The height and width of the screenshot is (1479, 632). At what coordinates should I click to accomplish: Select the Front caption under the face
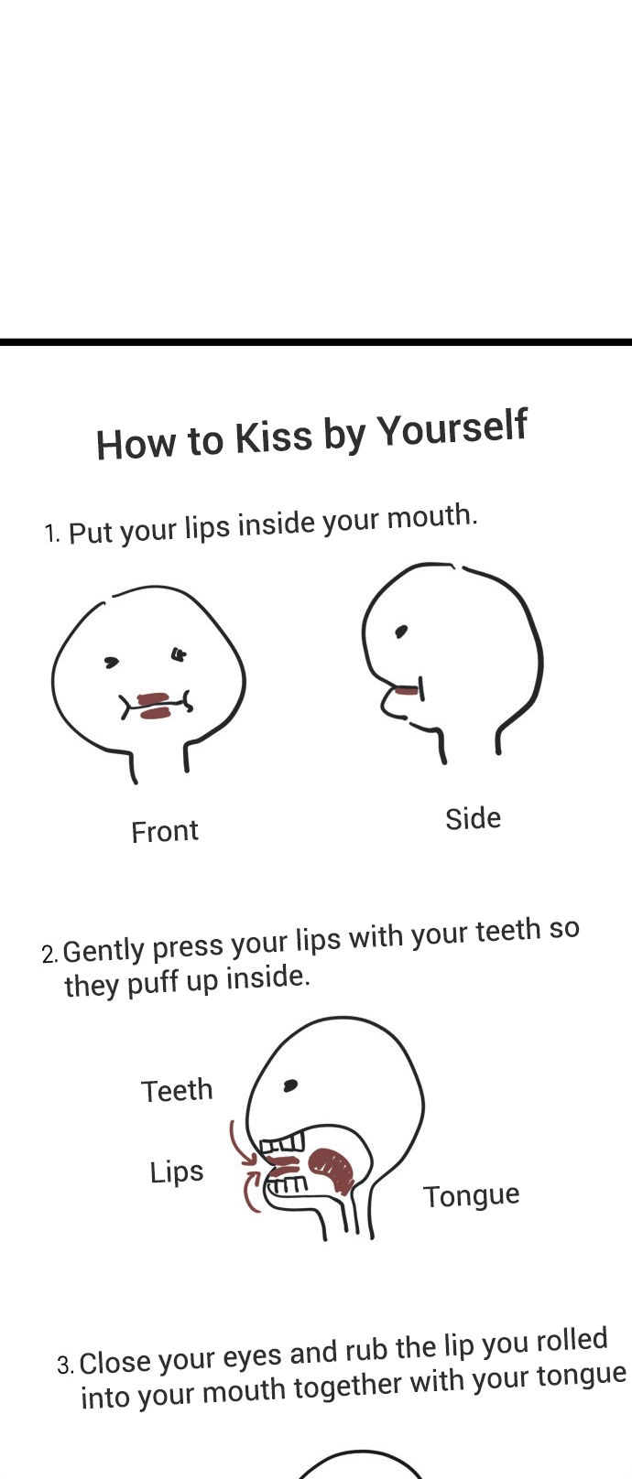(x=165, y=831)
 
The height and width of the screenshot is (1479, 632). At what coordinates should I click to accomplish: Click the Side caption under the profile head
(x=473, y=819)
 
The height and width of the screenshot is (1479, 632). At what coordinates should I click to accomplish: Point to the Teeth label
(x=177, y=1091)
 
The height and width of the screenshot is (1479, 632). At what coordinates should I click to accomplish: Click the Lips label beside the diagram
(x=177, y=1172)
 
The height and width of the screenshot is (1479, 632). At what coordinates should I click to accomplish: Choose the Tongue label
(x=472, y=1196)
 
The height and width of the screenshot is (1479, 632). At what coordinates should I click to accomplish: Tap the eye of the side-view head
(x=400, y=632)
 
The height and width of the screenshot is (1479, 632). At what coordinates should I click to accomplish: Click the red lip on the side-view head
(x=407, y=691)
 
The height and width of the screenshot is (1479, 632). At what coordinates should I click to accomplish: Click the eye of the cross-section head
(x=290, y=1085)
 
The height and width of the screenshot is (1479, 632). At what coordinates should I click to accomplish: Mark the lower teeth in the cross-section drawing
(x=287, y=1184)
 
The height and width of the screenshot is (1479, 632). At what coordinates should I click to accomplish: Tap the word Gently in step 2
(x=104, y=951)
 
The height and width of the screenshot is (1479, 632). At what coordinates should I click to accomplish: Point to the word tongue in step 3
(x=581, y=1376)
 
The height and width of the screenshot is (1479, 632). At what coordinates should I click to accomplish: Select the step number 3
(x=65, y=1364)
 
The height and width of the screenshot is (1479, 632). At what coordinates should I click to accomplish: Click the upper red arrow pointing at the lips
(x=242, y=1143)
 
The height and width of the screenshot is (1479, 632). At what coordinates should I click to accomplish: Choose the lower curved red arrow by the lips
(x=251, y=1193)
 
